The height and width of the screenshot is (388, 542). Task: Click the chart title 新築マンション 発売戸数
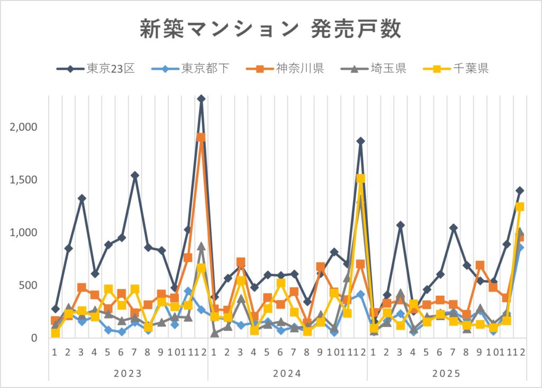[270, 30]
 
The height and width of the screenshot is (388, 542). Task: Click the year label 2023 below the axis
[128, 374]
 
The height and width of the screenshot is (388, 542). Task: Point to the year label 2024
[287, 374]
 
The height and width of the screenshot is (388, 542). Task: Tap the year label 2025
[447, 374]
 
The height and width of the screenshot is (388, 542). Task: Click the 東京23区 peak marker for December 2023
[201, 99]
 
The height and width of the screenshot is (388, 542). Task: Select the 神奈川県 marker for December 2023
[201, 137]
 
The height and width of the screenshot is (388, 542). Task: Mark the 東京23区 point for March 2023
[82, 198]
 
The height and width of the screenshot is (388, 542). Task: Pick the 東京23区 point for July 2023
[134, 175]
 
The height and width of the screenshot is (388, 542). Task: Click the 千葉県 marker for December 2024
[360, 179]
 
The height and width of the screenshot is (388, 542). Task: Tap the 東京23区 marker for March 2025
[401, 225]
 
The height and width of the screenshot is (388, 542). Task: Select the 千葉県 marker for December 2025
[520, 207]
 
